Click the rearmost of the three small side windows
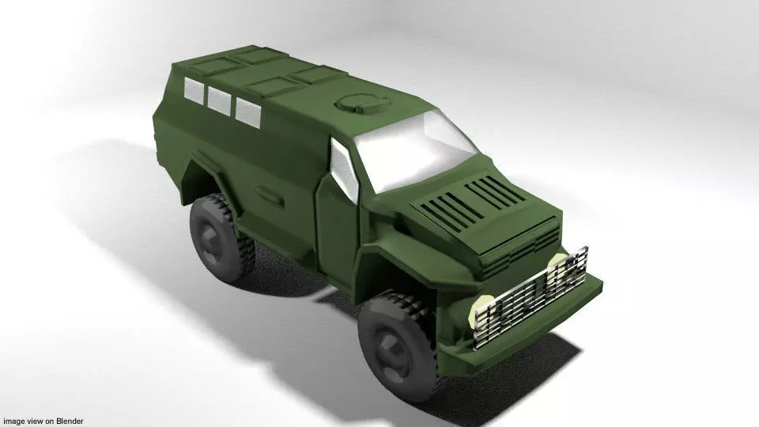(x=192, y=89)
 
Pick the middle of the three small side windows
(x=217, y=99)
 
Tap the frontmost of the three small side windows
(x=247, y=109)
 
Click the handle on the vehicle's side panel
(x=267, y=191)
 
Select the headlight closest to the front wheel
(x=482, y=312)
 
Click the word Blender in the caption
(x=67, y=421)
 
